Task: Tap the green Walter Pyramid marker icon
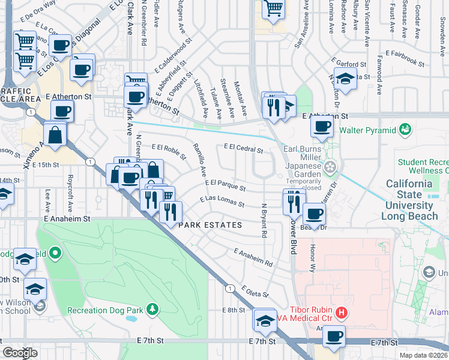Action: pos(405,129)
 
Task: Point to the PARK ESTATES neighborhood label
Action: pos(210,225)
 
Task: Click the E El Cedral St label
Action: pos(244,147)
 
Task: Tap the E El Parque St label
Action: pos(225,185)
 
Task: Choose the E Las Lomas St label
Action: pos(221,202)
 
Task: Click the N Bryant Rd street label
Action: pos(264,220)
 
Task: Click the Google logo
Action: pos(20,353)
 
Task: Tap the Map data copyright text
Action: pos(424,355)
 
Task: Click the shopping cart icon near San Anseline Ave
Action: pos(273,8)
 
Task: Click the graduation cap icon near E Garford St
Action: pos(345,79)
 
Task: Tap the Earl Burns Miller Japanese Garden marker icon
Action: pos(329,166)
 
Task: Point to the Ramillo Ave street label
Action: pos(199,160)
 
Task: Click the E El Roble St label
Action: pos(169,150)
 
